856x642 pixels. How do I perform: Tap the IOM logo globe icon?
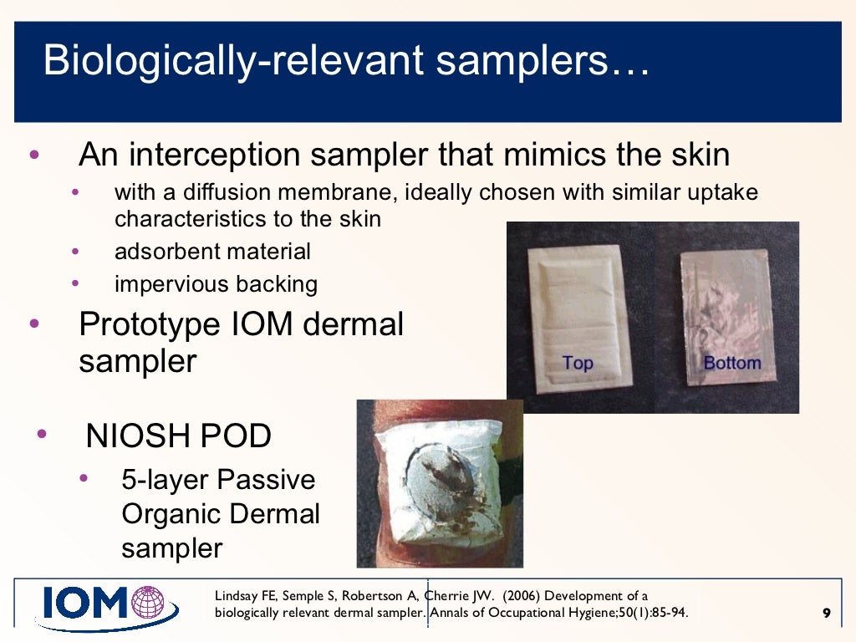[155, 602]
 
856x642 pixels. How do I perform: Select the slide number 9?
[826, 614]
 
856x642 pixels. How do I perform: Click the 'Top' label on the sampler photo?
[578, 363]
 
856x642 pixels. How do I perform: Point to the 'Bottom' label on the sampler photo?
[732, 363]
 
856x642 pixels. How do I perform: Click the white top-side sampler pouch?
[578, 313]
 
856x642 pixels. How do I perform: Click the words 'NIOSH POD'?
[178, 436]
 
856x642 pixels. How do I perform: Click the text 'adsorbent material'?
[212, 251]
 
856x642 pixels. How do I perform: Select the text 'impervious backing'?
[216, 284]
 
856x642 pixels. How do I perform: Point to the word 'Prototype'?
[147, 324]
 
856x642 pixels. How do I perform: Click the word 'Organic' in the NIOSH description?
[168, 513]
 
